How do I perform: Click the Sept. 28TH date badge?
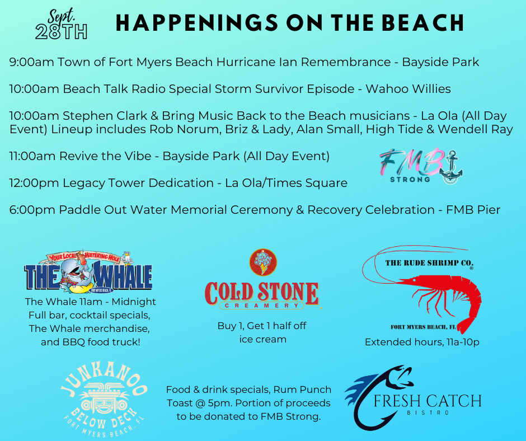point(62,25)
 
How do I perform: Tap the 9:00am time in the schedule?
point(31,62)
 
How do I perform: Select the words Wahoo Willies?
point(408,89)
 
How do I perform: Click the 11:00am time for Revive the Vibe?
point(32,156)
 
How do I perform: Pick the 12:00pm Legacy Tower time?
point(34,183)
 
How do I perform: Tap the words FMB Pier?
point(473,210)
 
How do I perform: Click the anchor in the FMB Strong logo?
point(451,167)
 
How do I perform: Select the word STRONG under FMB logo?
point(410,180)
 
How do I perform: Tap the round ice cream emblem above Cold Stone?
point(263,262)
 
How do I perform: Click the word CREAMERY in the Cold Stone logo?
point(262,306)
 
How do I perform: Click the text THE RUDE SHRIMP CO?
point(429,263)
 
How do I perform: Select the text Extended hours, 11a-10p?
point(422,342)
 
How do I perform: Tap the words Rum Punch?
point(302,390)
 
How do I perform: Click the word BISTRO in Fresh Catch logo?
point(428,413)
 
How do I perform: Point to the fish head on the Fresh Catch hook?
point(400,376)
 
